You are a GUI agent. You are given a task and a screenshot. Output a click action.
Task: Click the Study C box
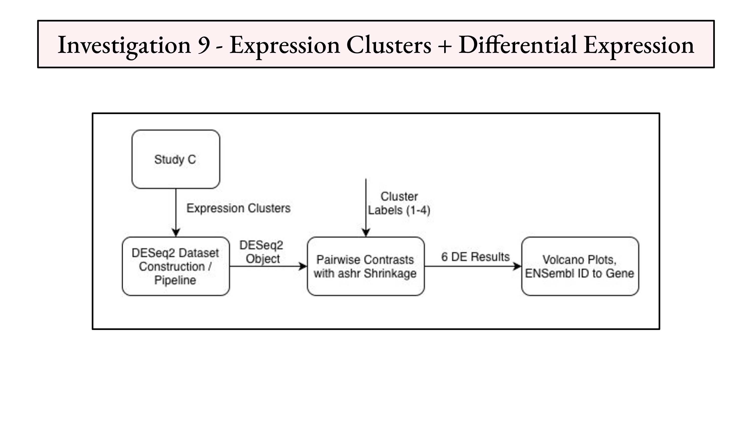[176, 159]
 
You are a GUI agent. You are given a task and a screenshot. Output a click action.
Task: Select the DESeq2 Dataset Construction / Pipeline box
[176, 266]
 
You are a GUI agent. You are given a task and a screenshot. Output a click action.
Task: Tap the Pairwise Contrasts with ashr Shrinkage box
[366, 266]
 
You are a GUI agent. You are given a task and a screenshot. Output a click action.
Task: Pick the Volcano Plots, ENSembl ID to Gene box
[580, 266]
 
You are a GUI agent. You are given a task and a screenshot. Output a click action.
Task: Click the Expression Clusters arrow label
[238, 208]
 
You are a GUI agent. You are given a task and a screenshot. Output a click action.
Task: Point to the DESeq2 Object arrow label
[261, 252]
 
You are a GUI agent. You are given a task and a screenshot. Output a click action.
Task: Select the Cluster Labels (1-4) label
[399, 203]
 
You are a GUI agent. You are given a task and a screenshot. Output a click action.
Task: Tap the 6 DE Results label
[475, 257]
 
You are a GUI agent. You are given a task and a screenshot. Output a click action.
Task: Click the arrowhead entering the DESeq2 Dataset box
[176, 233]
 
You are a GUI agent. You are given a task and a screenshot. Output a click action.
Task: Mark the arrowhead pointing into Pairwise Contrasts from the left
[303, 266]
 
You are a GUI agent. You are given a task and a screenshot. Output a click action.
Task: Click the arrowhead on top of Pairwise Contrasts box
[366, 233]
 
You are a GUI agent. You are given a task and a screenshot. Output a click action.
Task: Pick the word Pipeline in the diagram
[175, 280]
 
